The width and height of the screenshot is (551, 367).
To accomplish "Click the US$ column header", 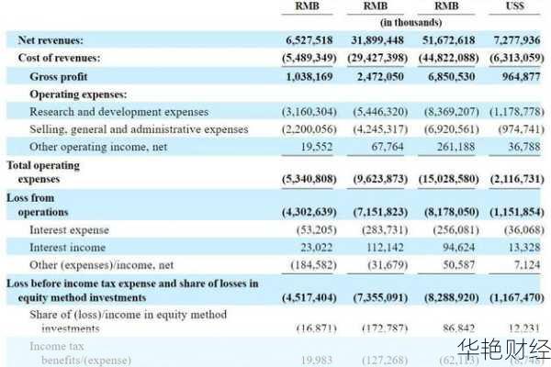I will pos(515,7).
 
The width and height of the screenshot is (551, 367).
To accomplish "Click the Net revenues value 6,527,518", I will pos(310,40).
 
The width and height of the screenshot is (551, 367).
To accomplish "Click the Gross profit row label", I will pos(59,76).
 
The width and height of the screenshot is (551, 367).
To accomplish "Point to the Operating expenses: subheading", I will pos(78,94).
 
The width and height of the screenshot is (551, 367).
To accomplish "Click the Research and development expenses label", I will pos(118,112).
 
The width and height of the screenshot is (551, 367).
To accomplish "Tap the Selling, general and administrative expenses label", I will pos(139,129).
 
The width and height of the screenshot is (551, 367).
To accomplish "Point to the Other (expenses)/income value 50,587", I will pos(467,265).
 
